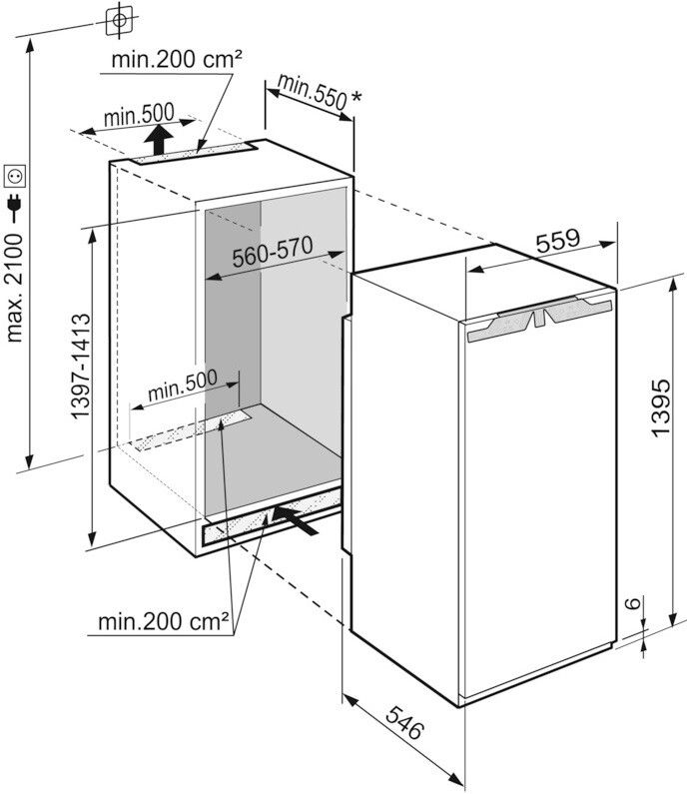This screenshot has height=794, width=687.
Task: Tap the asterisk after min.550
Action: [356, 99]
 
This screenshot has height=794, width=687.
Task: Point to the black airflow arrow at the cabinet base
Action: [299, 518]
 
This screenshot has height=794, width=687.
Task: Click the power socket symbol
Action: [15, 177]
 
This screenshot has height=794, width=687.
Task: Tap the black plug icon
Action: [15, 207]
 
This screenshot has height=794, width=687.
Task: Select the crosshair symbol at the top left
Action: [119, 19]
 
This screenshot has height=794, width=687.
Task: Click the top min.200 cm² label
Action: [178, 59]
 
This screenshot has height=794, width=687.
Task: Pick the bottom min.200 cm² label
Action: [164, 622]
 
